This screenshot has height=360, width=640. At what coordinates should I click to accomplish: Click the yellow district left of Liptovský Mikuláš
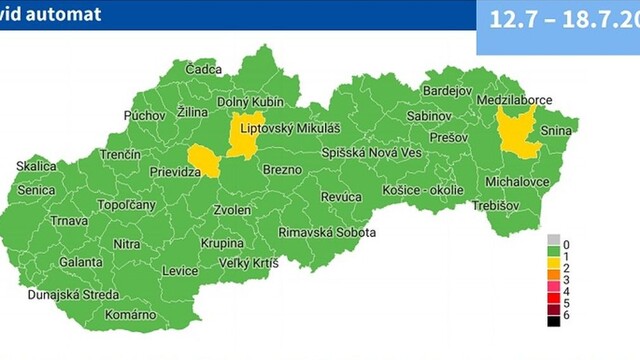click(243, 135)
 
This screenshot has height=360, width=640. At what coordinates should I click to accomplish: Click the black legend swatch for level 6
click(552, 320)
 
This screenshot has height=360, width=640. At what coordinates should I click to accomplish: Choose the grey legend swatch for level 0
click(552, 244)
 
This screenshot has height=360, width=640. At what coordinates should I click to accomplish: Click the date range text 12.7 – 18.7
click(560, 20)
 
